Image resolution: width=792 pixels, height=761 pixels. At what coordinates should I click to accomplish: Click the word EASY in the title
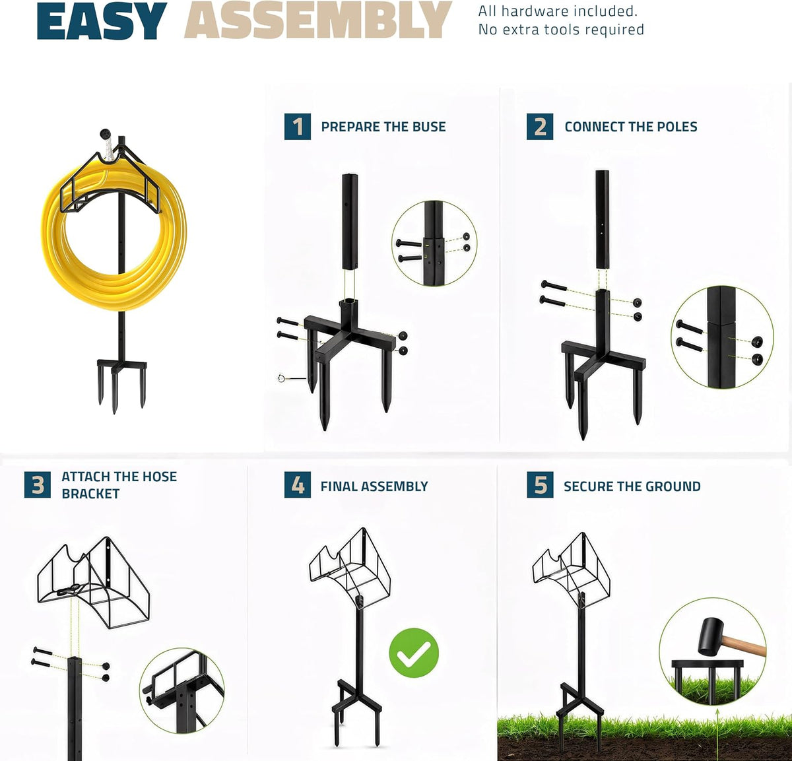(x=102, y=20)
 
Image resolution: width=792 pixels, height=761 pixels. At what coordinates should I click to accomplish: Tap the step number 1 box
(x=298, y=127)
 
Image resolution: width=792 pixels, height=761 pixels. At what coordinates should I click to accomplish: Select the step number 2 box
(x=540, y=127)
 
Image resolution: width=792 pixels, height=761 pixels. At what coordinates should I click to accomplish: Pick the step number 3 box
(x=38, y=484)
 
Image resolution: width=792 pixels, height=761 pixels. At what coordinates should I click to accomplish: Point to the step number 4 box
(x=298, y=484)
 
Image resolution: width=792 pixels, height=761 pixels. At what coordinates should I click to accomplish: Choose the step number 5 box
(x=540, y=484)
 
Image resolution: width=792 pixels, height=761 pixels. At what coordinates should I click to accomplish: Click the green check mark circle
(x=414, y=653)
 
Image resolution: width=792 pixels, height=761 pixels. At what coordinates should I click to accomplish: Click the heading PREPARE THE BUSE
(x=383, y=127)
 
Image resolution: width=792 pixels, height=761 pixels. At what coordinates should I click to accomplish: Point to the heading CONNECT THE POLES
(x=631, y=127)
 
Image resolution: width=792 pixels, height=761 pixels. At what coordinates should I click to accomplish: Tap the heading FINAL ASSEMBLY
(x=374, y=486)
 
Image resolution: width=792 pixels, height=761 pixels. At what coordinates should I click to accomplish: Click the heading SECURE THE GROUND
(x=632, y=486)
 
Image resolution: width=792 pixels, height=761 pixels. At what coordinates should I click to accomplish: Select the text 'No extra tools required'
(x=561, y=30)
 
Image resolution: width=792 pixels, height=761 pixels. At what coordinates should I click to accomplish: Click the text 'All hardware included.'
(x=558, y=11)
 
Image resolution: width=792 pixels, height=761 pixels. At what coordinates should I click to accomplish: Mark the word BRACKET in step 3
(x=91, y=494)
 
